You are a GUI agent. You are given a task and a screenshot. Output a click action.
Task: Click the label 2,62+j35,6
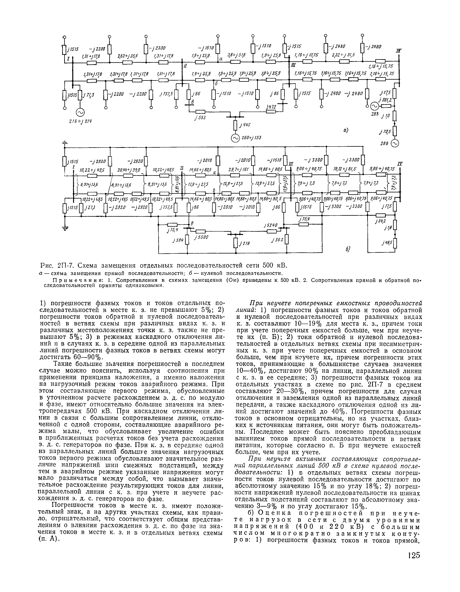point(127,56)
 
